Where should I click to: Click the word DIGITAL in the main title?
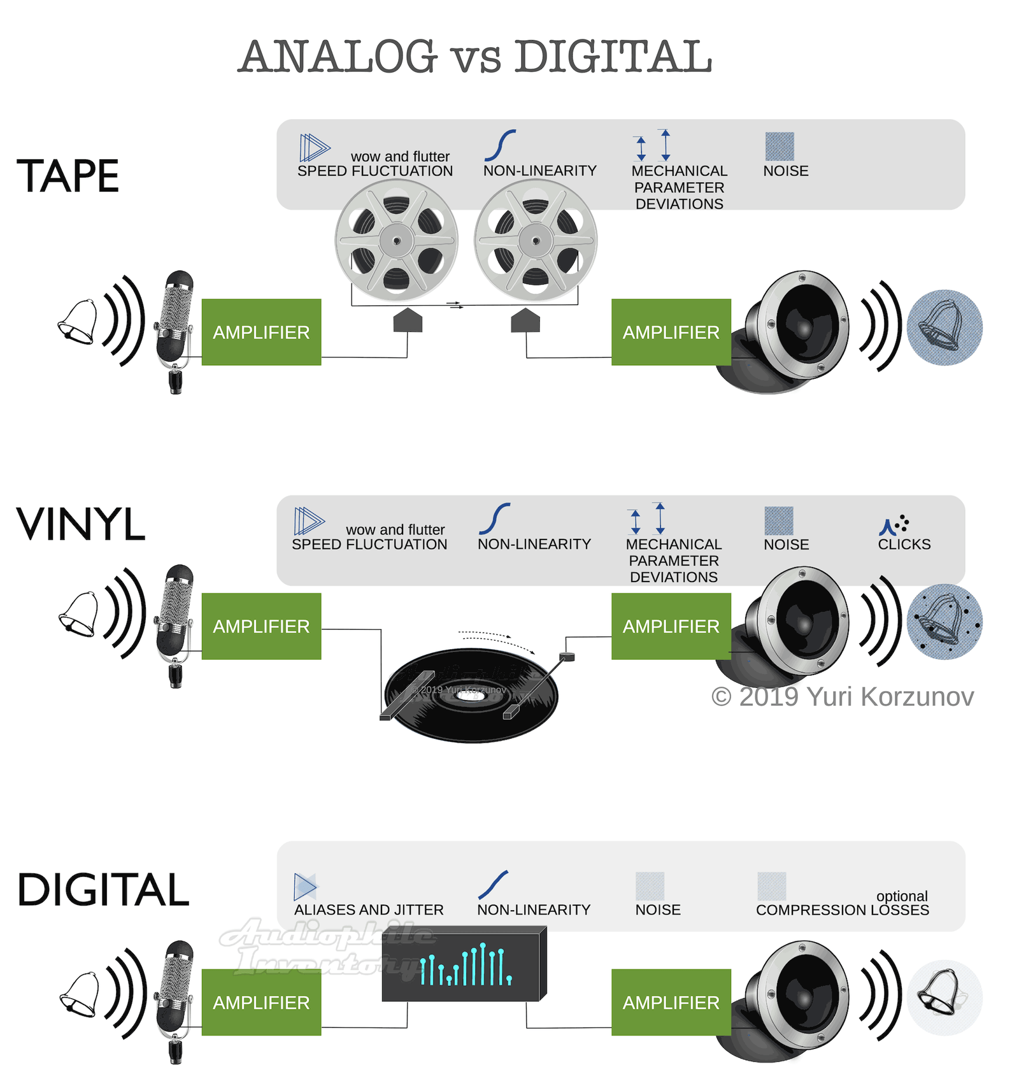click(x=613, y=56)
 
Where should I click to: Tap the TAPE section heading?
click(x=68, y=176)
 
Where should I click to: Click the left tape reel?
click(x=397, y=240)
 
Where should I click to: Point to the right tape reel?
click(x=536, y=240)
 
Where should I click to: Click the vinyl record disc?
click(x=471, y=695)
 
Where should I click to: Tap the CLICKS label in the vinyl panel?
click(x=904, y=544)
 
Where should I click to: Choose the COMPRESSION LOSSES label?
click(x=843, y=910)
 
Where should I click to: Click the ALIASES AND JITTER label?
click(x=369, y=910)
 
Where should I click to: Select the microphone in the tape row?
click(x=175, y=331)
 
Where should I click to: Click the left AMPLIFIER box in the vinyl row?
click(x=261, y=626)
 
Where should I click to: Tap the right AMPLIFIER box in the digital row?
click(x=671, y=1002)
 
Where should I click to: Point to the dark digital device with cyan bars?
click(x=465, y=964)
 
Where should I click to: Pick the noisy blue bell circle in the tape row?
click(x=944, y=327)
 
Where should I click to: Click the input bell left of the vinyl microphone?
click(x=78, y=615)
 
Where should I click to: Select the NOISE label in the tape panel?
click(x=786, y=171)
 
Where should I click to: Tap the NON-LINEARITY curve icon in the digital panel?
click(x=493, y=884)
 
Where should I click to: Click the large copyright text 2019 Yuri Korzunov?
click(x=843, y=697)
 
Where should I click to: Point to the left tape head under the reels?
click(x=408, y=320)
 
